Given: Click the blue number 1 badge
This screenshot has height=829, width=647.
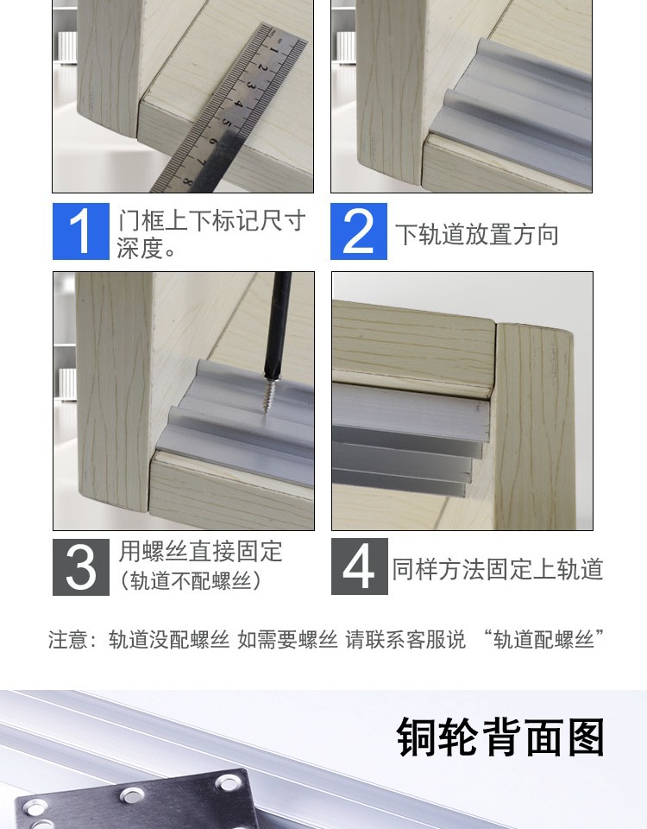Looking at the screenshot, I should [x=81, y=231].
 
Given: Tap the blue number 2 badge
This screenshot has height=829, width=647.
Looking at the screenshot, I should [x=359, y=231].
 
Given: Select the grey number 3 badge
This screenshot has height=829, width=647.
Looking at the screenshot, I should [x=81, y=566].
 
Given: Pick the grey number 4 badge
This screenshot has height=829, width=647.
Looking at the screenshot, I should [x=359, y=566].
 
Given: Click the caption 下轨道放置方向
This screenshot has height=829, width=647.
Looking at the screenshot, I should [x=477, y=235].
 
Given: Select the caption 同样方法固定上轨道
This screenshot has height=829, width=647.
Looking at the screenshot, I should [x=497, y=569].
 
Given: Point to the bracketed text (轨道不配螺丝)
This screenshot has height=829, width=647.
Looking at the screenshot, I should [x=190, y=581].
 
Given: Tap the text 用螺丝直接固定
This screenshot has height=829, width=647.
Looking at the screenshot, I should [x=200, y=552].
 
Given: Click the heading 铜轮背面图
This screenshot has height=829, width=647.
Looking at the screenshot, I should [x=501, y=737].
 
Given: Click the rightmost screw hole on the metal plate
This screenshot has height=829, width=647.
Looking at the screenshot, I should [x=229, y=785].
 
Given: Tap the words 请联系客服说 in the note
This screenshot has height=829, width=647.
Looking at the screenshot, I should [x=405, y=640].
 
